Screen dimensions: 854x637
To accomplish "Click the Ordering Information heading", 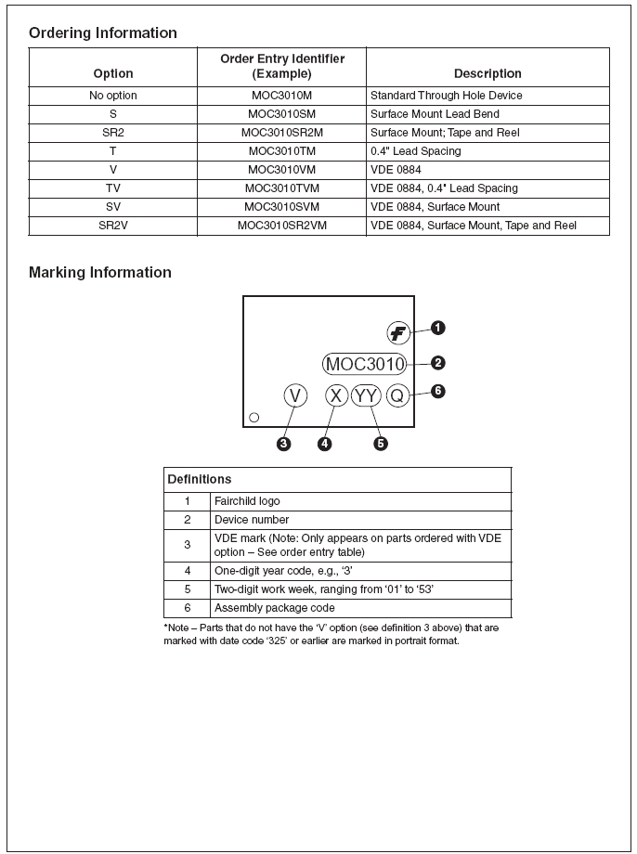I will tap(102, 33).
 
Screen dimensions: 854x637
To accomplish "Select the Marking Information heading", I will tap(99, 273).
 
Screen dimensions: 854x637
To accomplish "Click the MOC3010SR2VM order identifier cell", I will tap(281, 226).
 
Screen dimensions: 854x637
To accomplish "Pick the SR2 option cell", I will tap(113, 133).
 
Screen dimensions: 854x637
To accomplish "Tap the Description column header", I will tap(487, 73).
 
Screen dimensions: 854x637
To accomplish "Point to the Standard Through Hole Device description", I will tap(446, 96).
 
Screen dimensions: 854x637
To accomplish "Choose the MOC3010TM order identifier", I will tap(281, 151).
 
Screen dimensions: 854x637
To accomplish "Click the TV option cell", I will tap(113, 188).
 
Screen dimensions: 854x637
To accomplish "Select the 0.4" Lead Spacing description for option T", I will tap(415, 151).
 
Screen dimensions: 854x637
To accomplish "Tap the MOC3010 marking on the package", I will tap(365, 364).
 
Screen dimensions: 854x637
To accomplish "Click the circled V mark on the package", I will tap(295, 396).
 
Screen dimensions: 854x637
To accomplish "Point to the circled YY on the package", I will tap(367, 396).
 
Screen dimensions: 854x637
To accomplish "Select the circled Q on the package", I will tap(397, 396).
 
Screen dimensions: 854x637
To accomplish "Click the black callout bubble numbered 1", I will tap(437, 328).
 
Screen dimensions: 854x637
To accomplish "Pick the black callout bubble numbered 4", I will tap(324, 444).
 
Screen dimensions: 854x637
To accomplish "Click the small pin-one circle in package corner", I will tap(254, 417).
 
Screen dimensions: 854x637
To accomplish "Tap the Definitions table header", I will tap(200, 480).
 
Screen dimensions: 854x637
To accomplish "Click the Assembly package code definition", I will tap(274, 608).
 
